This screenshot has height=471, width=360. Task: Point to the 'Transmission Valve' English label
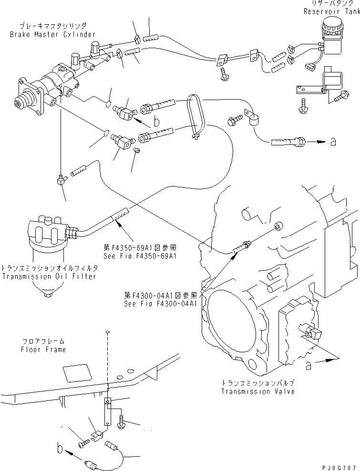257,391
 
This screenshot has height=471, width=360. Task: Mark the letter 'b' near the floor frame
60,449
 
